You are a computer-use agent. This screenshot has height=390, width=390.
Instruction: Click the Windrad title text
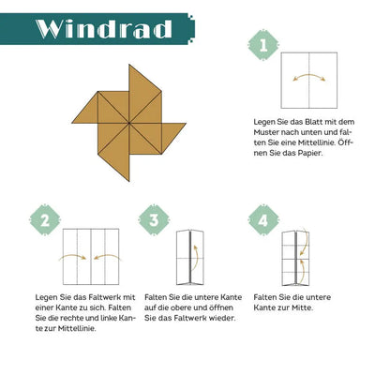click(x=104, y=29)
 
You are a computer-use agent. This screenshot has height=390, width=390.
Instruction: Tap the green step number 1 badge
click(x=263, y=45)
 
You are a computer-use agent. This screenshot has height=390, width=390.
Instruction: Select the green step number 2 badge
click(x=45, y=220)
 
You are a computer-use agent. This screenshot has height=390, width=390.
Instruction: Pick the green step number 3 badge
click(x=154, y=220)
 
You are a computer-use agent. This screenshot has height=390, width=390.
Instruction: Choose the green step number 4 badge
click(x=263, y=220)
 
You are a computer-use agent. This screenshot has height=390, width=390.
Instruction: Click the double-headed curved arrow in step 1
click(x=309, y=75)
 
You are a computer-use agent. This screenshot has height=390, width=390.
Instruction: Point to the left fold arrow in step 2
click(x=72, y=256)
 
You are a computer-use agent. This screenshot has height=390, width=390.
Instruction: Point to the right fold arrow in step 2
click(x=107, y=256)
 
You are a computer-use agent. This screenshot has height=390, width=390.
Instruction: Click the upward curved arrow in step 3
click(x=197, y=258)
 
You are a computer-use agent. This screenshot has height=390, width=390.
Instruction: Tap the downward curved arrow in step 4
click(x=306, y=244)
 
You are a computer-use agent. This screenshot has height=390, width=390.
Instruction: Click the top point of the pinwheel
click(x=129, y=65)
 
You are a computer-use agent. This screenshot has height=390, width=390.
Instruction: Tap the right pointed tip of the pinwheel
click(x=187, y=123)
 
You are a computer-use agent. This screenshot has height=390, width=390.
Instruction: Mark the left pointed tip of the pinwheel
click(x=72, y=123)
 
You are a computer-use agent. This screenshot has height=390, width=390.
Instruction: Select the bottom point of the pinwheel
click(x=128, y=181)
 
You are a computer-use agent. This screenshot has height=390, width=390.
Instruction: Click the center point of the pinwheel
click(x=128, y=123)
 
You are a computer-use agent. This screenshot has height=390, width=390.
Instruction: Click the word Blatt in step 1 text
click(x=314, y=122)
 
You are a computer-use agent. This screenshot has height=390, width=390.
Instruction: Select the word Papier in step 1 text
click(x=309, y=154)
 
